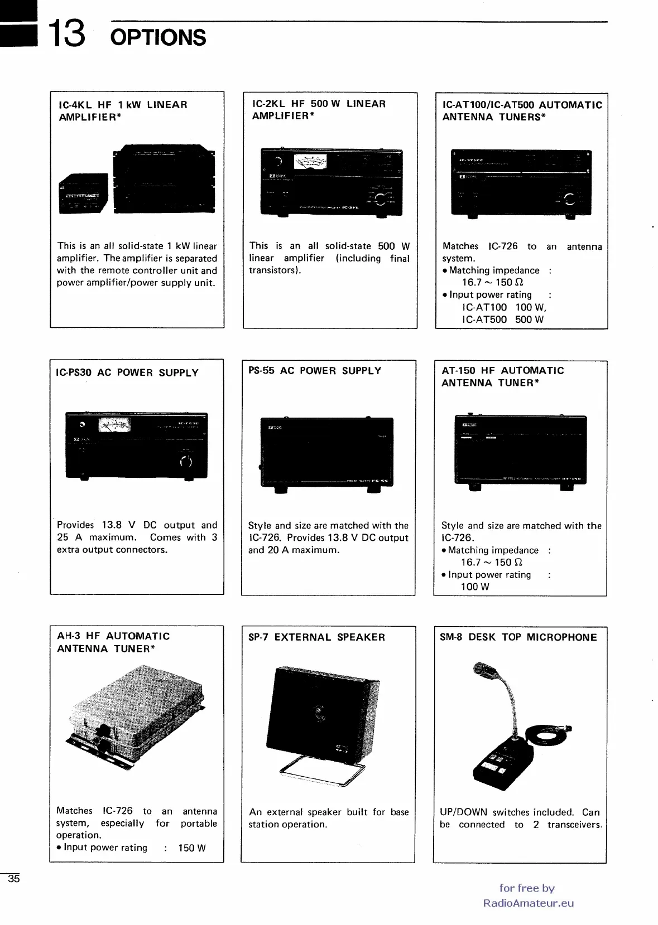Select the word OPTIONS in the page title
click(x=159, y=38)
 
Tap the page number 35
click(x=13, y=879)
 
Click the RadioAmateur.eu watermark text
click(x=529, y=903)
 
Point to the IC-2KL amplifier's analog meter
click(x=310, y=163)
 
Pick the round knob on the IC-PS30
click(x=186, y=461)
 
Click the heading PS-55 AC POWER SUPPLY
click(x=315, y=371)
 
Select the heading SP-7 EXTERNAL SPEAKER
click(x=316, y=637)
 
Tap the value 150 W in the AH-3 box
click(x=192, y=848)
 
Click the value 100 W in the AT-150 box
click(x=474, y=587)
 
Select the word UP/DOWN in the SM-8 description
click(x=463, y=812)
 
